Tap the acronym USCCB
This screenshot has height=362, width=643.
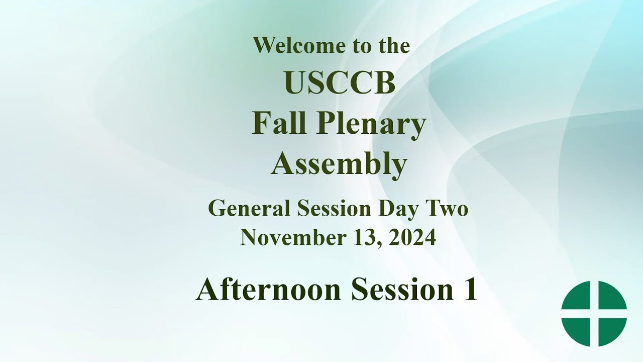pos(340,83)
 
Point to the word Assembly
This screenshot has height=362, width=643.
pos(339,164)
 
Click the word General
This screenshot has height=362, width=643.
pos(249,208)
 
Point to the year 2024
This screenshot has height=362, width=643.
pos(412,237)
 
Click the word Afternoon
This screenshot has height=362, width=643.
pos(269,290)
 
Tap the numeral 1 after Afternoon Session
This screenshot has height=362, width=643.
pos(470,290)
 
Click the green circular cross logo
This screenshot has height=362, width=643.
pos(594,313)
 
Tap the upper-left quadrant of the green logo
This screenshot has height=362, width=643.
pos(578,298)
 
